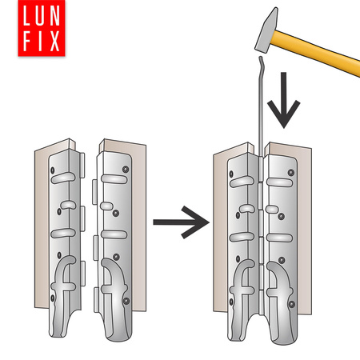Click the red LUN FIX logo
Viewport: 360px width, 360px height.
[42, 28]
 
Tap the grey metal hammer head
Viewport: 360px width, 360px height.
[266, 30]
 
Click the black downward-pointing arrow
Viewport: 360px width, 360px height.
[284, 100]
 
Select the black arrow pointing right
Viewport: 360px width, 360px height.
[182, 222]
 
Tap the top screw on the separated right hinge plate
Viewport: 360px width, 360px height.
[126, 169]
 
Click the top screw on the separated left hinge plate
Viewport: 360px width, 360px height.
[53, 170]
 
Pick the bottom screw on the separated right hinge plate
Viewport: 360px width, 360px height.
[126, 301]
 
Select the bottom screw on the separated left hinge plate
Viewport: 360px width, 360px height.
[53, 298]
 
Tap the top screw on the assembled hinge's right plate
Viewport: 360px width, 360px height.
[291, 173]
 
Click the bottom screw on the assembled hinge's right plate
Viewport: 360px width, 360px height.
[292, 304]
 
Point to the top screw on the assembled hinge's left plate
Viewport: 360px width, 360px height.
[231, 174]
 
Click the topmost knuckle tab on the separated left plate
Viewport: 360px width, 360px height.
[82, 165]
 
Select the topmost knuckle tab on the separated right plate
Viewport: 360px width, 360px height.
[94, 192]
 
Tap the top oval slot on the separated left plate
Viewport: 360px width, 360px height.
[63, 178]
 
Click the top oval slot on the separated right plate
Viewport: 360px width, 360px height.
[114, 179]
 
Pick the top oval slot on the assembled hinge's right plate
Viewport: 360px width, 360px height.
[279, 182]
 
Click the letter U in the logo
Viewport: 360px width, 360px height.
[39, 16]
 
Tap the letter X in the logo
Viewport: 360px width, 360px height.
[54, 41]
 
